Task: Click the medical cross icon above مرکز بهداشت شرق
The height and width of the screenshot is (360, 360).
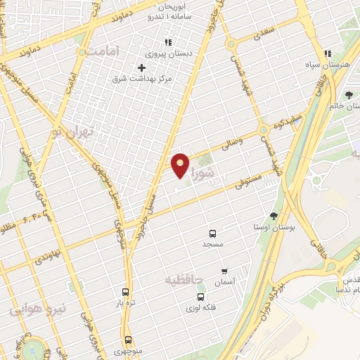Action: (x=141, y=67)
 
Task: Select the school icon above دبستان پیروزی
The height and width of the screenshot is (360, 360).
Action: (x=167, y=43)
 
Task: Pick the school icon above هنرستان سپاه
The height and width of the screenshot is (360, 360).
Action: (x=327, y=54)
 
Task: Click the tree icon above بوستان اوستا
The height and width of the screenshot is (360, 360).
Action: (x=274, y=216)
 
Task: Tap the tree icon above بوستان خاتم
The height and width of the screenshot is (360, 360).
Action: (x=349, y=94)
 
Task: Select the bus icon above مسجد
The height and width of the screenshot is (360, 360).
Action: (x=212, y=233)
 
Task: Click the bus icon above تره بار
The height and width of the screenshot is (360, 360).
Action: (x=126, y=292)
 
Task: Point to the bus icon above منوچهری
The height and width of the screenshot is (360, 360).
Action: (x=127, y=340)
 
